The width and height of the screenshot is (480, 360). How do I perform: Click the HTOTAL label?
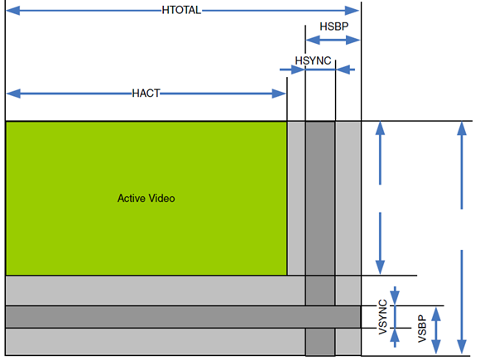click(181, 10)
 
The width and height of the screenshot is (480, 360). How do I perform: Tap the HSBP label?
click(334, 26)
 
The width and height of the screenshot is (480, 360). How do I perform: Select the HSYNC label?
click(313, 60)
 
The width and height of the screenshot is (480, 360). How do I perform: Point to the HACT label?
click(146, 93)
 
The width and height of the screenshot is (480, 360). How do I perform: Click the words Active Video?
click(146, 199)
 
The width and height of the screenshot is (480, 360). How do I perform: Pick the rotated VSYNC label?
click(382, 317)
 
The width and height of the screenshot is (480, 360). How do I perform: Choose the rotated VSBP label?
click(422, 329)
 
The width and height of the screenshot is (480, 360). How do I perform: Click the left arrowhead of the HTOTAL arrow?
click(13, 11)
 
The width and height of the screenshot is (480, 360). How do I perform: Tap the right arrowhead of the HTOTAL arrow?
click(352, 11)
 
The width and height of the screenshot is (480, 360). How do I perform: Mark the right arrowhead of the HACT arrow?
click(279, 94)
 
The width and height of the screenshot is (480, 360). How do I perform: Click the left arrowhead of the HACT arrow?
click(13, 94)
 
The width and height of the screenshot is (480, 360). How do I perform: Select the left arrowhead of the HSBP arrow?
click(313, 40)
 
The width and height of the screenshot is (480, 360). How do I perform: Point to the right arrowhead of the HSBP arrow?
click(353, 40)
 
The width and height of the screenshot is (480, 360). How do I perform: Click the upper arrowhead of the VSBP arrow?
click(436, 314)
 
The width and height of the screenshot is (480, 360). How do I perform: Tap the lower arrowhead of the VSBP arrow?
click(436, 347)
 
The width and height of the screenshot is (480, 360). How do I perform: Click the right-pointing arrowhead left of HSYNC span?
click(298, 70)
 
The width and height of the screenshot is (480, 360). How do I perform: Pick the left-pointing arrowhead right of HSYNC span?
click(343, 70)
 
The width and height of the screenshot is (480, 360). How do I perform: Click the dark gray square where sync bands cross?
click(320, 317)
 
